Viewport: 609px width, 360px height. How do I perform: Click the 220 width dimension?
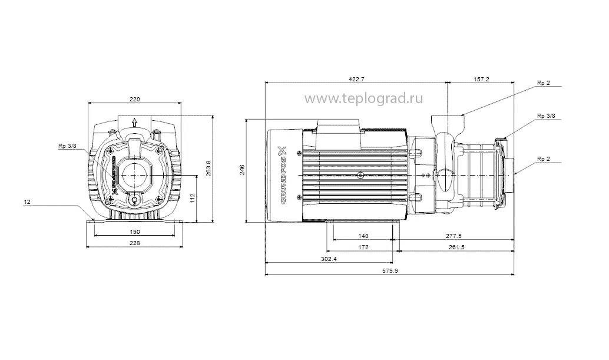134,99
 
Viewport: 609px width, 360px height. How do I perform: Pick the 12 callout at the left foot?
27,202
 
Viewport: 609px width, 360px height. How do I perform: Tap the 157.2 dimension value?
481,80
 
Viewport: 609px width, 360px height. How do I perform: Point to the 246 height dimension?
241,170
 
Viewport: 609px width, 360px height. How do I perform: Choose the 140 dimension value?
363,236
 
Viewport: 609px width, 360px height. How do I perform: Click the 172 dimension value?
363,247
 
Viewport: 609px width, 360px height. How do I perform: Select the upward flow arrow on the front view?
135,123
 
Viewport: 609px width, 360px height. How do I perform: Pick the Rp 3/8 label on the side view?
545,116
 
